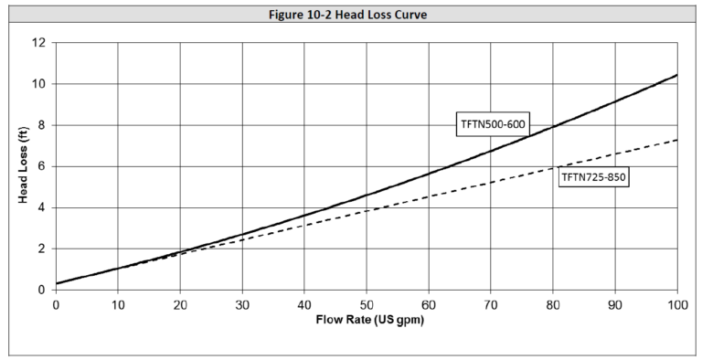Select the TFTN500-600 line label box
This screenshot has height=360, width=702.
(492, 125)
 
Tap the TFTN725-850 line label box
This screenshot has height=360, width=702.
(592, 177)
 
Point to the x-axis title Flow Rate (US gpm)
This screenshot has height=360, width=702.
(366, 322)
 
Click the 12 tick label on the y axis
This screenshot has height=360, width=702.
(39, 43)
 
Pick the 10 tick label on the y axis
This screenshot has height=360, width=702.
(39, 84)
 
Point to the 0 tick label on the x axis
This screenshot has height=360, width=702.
(56, 304)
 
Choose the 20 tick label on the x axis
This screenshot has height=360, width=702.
(180, 304)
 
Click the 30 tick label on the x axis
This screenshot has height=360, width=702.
(242, 304)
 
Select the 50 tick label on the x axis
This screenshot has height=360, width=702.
(367, 304)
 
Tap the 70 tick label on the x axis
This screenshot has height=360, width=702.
(491, 304)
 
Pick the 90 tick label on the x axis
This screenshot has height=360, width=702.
(615, 304)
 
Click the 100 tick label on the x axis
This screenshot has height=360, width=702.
(676, 304)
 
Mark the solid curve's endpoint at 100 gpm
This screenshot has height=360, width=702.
(676, 75)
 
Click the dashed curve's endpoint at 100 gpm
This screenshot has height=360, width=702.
(676, 140)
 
